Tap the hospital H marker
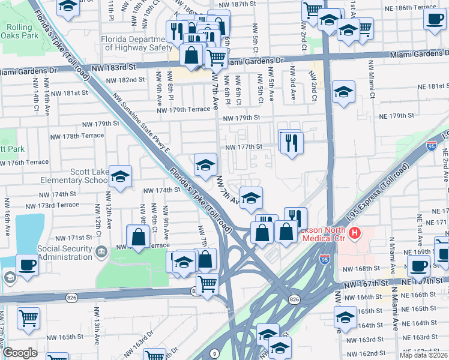[355, 233]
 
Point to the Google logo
[20, 353]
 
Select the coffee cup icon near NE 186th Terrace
[435, 18]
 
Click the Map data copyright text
[424, 355]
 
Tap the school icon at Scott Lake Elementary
[121, 177]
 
